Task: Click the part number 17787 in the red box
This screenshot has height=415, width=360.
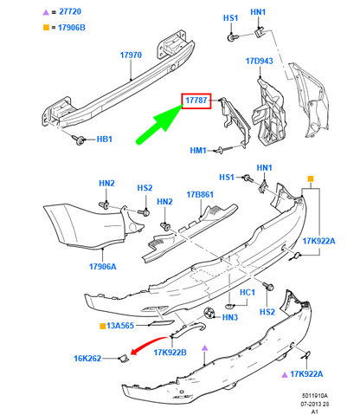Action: [x=195, y=101]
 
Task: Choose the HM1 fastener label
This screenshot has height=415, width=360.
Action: [x=198, y=151]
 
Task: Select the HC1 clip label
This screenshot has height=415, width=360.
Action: [x=247, y=293]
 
